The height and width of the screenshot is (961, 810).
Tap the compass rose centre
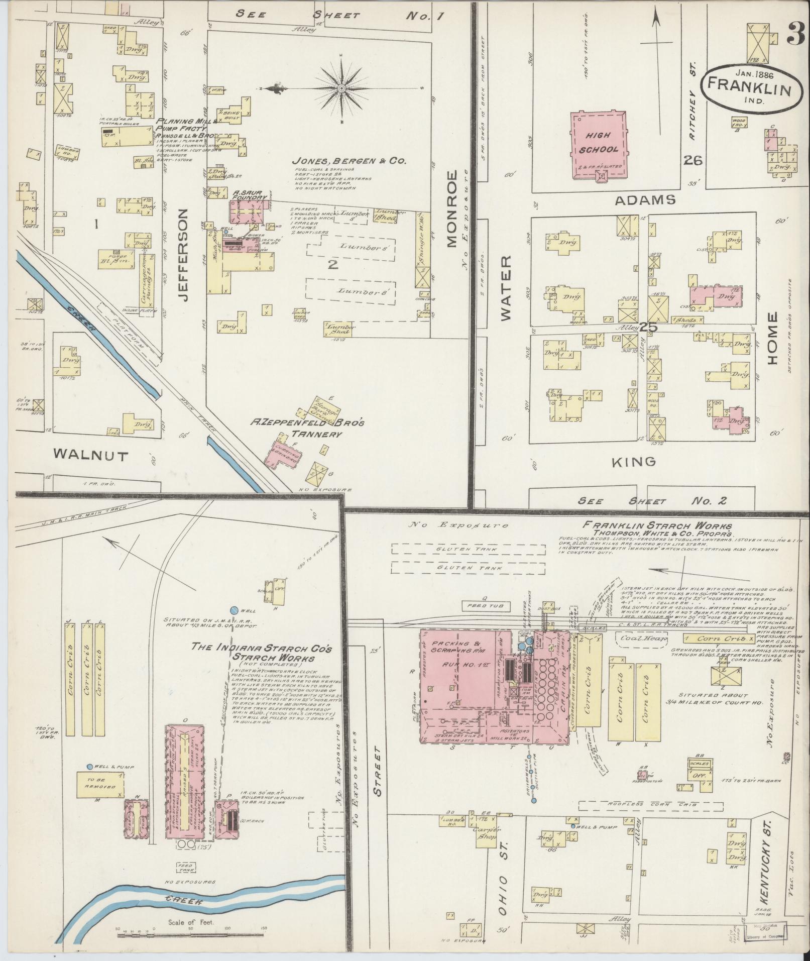(341, 89)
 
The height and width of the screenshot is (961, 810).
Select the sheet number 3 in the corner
(795, 35)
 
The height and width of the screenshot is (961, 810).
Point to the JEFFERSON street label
(183, 255)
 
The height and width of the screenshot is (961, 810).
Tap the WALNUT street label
(91, 455)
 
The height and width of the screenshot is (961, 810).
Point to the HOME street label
(772, 338)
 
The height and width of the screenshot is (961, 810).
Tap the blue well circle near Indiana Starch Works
(234, 610)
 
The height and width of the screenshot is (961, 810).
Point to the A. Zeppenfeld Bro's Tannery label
(307, 428)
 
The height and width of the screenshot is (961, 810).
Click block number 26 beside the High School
(692, 161)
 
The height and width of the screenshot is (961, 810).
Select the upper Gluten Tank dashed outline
(468, 549)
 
